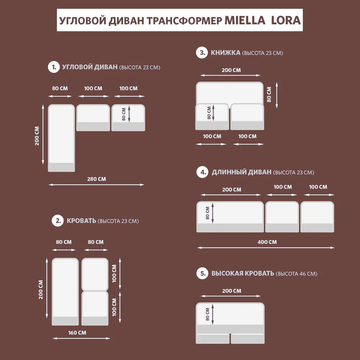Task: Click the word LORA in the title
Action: coord(286,20)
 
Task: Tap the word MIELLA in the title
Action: coord(246,20)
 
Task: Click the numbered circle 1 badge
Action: coord(54,67)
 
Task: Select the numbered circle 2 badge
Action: coord(58,221)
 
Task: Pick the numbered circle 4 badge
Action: coord(203,172)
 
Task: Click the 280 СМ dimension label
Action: coord(96,179)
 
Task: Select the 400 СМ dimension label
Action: coord(267,242)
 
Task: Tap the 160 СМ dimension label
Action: coord(77,333)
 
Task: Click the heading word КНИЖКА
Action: coord(226,53)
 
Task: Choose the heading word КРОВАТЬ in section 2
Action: coord(81,221)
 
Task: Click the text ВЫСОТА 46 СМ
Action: coord(296,274)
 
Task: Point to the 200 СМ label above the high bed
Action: coord(232,291)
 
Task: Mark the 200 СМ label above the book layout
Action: coord(231,70)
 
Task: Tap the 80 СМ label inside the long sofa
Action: coord(208,212)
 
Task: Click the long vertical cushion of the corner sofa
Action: coord(61,137)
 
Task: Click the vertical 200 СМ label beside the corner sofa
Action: coord(37,135)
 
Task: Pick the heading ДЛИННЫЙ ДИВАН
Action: coord(242,172)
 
